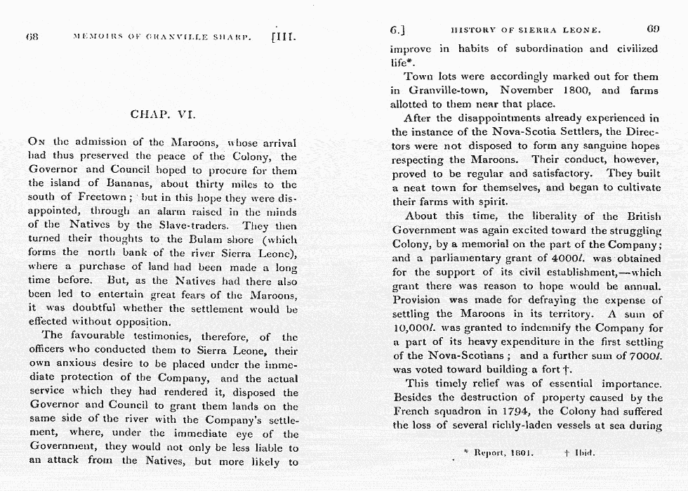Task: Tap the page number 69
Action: point(653,30)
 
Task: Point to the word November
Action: point(527,91)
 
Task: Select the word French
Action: point(411,411)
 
